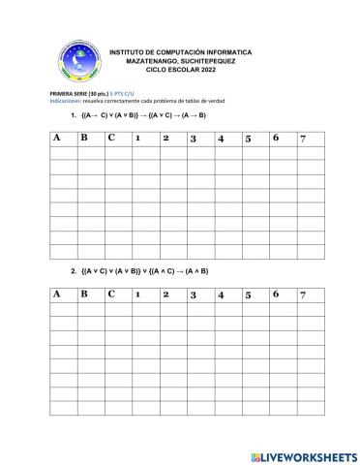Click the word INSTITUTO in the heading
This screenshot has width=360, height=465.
click(129, 51)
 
